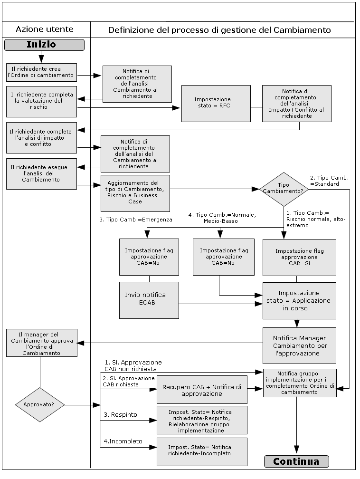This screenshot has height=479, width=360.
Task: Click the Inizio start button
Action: tap(44, 45)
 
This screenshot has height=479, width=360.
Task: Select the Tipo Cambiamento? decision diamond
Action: tap(284, 189)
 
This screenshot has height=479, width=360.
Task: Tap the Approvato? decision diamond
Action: tap(40, 405)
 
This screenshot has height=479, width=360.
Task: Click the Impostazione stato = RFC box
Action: tap(216, 103)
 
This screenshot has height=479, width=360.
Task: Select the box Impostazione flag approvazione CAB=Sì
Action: tap(299, 257)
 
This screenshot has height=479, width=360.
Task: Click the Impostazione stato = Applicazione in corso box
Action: tap(299, 301)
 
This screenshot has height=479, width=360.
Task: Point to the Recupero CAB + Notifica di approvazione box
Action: tap(202, 390)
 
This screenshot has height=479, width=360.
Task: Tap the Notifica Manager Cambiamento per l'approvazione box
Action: tap(299, 346)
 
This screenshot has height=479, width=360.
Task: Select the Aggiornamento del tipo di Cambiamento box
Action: tap(135, 192)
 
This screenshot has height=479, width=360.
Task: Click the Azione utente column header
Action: tap(45, 29)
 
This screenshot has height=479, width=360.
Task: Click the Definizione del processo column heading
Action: tap(219, 30)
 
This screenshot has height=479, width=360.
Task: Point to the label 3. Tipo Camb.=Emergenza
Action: tap(136, 220)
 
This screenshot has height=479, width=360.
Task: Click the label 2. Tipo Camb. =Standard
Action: tap(329, 181)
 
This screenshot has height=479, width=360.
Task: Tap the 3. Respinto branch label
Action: tap(120, 415)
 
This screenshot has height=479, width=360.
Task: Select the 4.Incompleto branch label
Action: tap(123, 441)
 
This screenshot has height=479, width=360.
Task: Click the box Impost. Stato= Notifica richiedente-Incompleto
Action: tap(202, 451)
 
